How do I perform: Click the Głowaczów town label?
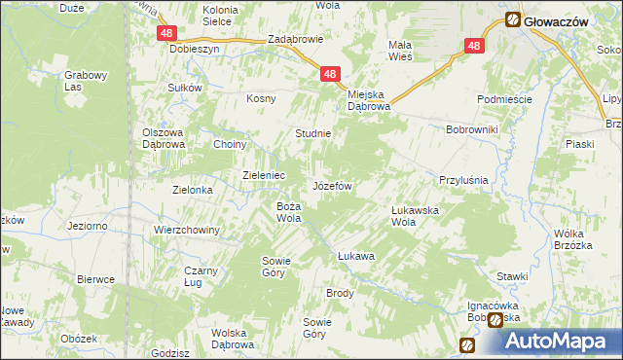pyautogui.click(x=557, y=19)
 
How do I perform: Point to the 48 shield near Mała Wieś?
pyautogui.click(x=473, y=46)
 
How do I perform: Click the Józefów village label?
pyautogui.click(x=331, y=185)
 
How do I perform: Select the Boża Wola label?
pyautogui.click(x=289, y=211)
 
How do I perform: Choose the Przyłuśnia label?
pyautogui.click(x=463, y=180)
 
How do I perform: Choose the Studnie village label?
pyautogui.click(x=313, y=133)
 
